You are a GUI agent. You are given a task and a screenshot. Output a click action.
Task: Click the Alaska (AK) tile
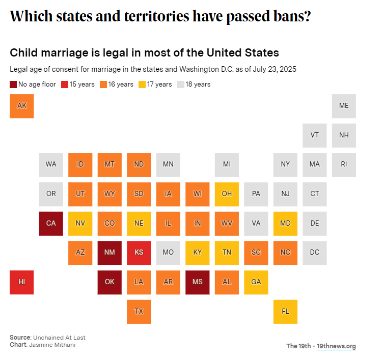point(22,106)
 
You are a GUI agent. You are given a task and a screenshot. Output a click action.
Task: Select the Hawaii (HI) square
point(22,282)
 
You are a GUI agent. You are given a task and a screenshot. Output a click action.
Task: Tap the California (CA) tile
point(51,223)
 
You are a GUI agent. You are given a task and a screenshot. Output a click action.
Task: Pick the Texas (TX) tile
point(139,311)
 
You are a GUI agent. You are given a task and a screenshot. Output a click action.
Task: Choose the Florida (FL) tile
point(285,311)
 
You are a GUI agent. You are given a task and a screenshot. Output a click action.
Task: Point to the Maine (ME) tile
point(344,106)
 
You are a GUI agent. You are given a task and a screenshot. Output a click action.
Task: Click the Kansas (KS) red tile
point(139,253)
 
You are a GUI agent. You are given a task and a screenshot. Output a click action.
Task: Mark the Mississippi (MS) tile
point(198,282)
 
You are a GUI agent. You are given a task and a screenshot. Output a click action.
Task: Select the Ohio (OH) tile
point(227,194)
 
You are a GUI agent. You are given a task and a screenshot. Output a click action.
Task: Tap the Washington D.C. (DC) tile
point(315,253)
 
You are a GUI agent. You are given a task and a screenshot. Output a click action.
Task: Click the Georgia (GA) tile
point(256,282)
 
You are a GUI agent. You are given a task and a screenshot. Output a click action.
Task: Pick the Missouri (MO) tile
point(168,253)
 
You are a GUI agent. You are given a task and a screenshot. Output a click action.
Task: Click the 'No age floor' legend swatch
point(13,85)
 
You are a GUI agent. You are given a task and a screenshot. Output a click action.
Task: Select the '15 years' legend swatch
point(65,85)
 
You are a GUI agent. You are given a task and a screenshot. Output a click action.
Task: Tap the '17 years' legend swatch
point(142,85)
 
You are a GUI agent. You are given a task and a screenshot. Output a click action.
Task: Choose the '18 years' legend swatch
point(181,85)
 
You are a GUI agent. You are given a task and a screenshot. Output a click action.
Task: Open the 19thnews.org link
point(336,346)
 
